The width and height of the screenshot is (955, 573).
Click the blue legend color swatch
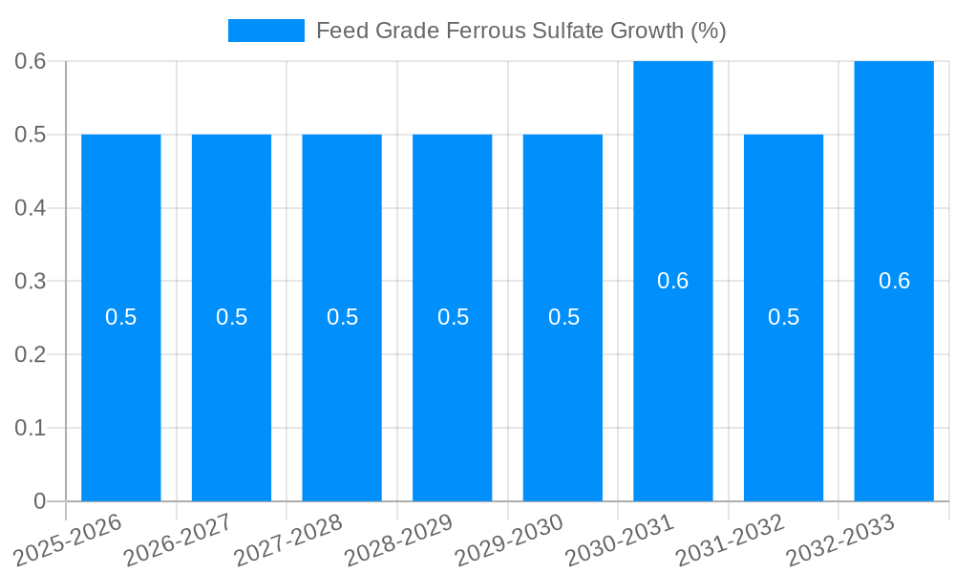[x=266, y=31]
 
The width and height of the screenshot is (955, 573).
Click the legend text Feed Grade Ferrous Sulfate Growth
[x=520, y=31]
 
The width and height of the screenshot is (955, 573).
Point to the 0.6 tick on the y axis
[x=31, y=61]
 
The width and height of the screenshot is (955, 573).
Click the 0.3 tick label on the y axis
[x=31, y=282]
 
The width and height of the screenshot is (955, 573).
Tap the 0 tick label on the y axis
[x=39, y=501]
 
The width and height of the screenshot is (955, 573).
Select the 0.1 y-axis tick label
[x=31, y=428]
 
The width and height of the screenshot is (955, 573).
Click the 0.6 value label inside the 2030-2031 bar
[x=673, y=281]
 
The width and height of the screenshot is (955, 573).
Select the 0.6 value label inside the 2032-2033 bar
[x=894, y=281]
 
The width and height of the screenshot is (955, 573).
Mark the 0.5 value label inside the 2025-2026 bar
[x=121, y=317]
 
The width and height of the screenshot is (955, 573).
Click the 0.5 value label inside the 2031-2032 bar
[x=783, y=317]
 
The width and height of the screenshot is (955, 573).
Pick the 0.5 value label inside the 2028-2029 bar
[x=453, y=317]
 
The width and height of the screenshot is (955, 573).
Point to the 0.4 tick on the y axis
[x=31, y=208]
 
